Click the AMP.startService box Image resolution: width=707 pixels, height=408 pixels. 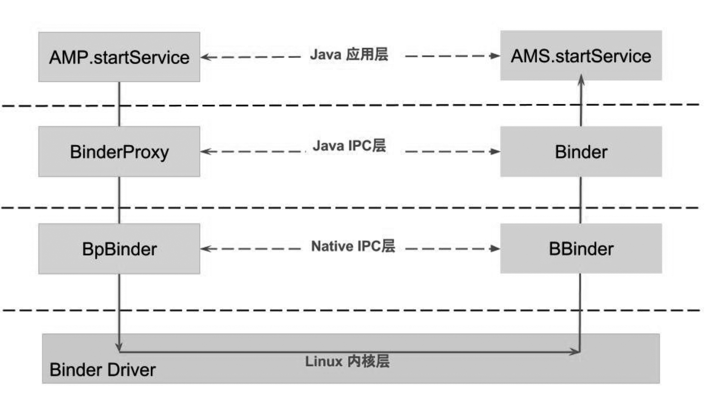[119, 57]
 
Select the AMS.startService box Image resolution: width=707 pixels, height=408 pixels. [581, 56]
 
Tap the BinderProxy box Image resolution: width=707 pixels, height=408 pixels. [119, 152]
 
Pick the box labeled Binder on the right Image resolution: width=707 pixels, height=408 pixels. [581, 152]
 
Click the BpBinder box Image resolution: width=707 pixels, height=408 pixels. [119, 249]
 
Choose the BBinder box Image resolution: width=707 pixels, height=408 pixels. [581, 249]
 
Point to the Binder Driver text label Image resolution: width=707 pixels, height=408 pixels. [102, 370]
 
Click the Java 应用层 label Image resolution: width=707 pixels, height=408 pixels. [349, 55]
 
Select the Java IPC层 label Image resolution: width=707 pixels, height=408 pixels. [349, 146]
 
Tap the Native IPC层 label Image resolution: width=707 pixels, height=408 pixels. [353, 246]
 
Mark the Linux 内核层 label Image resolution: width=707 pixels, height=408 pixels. [347, 361]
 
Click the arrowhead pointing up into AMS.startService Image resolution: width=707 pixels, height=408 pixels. [581, 80]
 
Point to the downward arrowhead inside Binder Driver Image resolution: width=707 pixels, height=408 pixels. [119, 347]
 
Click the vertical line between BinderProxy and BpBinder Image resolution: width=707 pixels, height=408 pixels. [119, 200]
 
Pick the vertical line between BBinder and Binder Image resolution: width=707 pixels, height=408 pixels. [580, 200]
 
